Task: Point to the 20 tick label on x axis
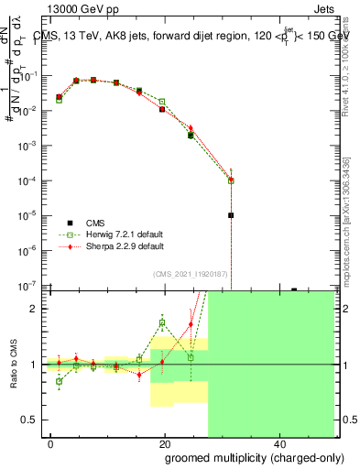tap(164, 443)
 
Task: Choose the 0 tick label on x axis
tap(51, 443)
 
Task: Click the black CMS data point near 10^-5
tap(232, 215)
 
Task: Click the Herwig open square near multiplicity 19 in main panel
tap(162, 102)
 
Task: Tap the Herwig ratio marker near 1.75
tap(162, 322)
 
